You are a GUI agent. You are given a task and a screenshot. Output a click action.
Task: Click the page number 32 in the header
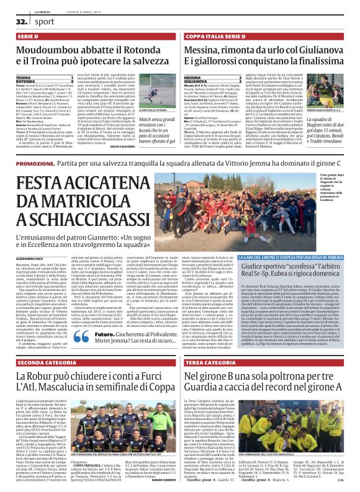(12, 21)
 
